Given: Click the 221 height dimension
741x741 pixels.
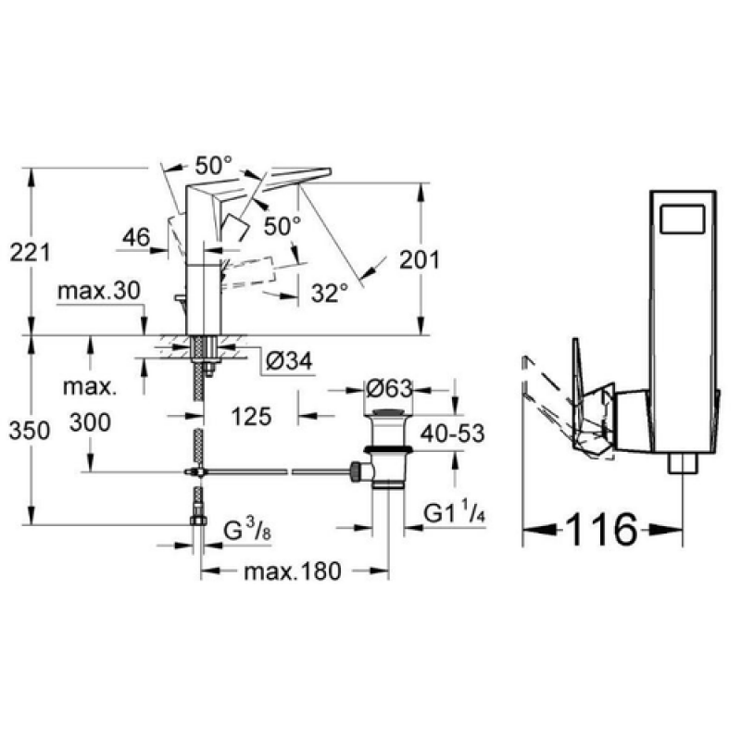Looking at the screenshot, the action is [x=30, y=253].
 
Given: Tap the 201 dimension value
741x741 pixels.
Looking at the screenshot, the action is [x=420, y=259].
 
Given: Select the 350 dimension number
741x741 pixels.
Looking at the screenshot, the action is [x=30, y=431].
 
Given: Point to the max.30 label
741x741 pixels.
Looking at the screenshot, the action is [x=99, y=291].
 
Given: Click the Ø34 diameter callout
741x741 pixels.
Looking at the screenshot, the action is [x=289, y=361].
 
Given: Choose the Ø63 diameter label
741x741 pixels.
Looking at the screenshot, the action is [x=389, y=389].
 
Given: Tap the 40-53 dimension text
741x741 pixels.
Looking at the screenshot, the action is [x=453, y=433].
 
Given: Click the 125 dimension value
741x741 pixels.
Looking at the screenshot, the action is [x=251, y=416].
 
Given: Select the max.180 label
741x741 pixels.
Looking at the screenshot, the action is [x=292, y=571].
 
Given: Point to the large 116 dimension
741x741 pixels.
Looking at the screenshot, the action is [x=601, y=529].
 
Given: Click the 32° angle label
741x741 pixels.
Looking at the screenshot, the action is [x=330, y=293].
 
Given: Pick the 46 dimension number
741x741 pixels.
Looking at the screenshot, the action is [x=136, y=237].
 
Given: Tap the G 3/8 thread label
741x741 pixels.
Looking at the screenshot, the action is [x=247, y=529].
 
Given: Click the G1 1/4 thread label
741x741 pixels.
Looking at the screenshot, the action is [x=454, y=513].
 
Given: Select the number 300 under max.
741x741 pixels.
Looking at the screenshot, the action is [x=90, y=422].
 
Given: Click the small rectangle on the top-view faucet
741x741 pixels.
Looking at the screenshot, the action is [x=682, y=219].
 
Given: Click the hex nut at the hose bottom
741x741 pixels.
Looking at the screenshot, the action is [x=198, y=521].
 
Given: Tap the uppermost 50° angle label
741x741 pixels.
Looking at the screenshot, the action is [x=214, y=166].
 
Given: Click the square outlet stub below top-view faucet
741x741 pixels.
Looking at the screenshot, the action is [x=683, y=463].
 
